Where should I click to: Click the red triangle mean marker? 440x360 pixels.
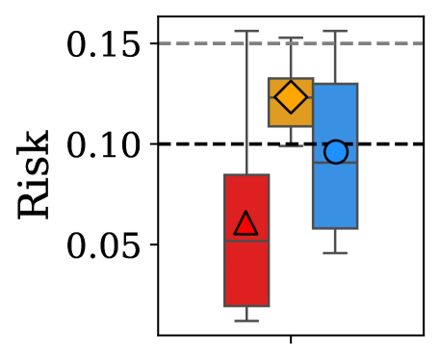coord(246,223)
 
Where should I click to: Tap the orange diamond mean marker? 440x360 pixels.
coord(291,96)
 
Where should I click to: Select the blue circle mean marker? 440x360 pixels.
coord(335,152)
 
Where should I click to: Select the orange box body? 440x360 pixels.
coord(291,114)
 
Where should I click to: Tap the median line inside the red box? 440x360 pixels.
coord(246,241)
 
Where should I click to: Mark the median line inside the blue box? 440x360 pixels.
coord(335,163)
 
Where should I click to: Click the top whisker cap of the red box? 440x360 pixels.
coord(246,31)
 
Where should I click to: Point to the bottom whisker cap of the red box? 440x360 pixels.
coord(246,321)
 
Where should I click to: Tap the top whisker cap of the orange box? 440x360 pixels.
coord(291,38)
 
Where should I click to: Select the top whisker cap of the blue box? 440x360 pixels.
coord(335,31)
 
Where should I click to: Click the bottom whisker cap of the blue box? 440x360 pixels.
coord(335,253)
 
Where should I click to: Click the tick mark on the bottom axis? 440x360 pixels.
coord(291,339)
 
